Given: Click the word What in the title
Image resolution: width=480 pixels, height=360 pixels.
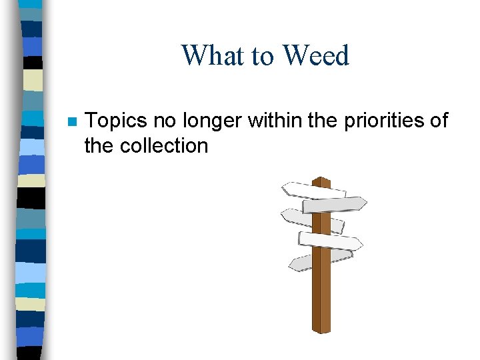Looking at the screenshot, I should click(x=213, y=55).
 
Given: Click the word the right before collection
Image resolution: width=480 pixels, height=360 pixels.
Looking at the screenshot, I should click(x=100, y=146).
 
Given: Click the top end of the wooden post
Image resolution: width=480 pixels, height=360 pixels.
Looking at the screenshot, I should click(x=321, y=181).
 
